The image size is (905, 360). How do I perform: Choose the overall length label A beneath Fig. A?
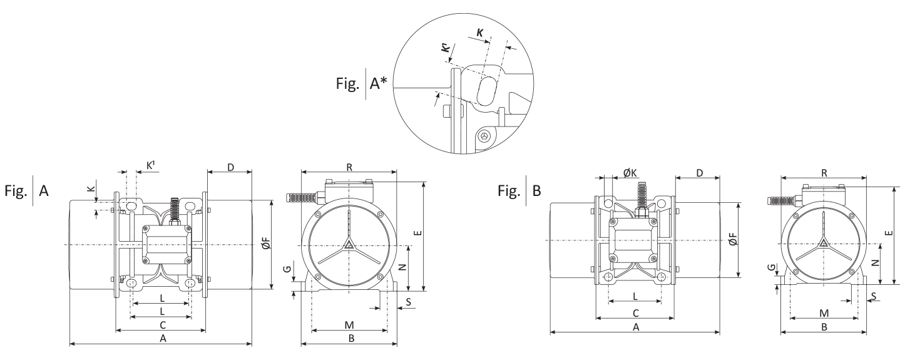pos(163,338)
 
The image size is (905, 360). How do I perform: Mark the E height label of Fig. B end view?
pos(891,230)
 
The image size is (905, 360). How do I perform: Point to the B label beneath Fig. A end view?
pos(351,338)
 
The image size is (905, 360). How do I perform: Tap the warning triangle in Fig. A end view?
pos(349,244)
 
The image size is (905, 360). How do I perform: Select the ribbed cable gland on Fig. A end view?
pos(300,197)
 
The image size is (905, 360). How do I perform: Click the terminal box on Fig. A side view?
pos(166,244)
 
